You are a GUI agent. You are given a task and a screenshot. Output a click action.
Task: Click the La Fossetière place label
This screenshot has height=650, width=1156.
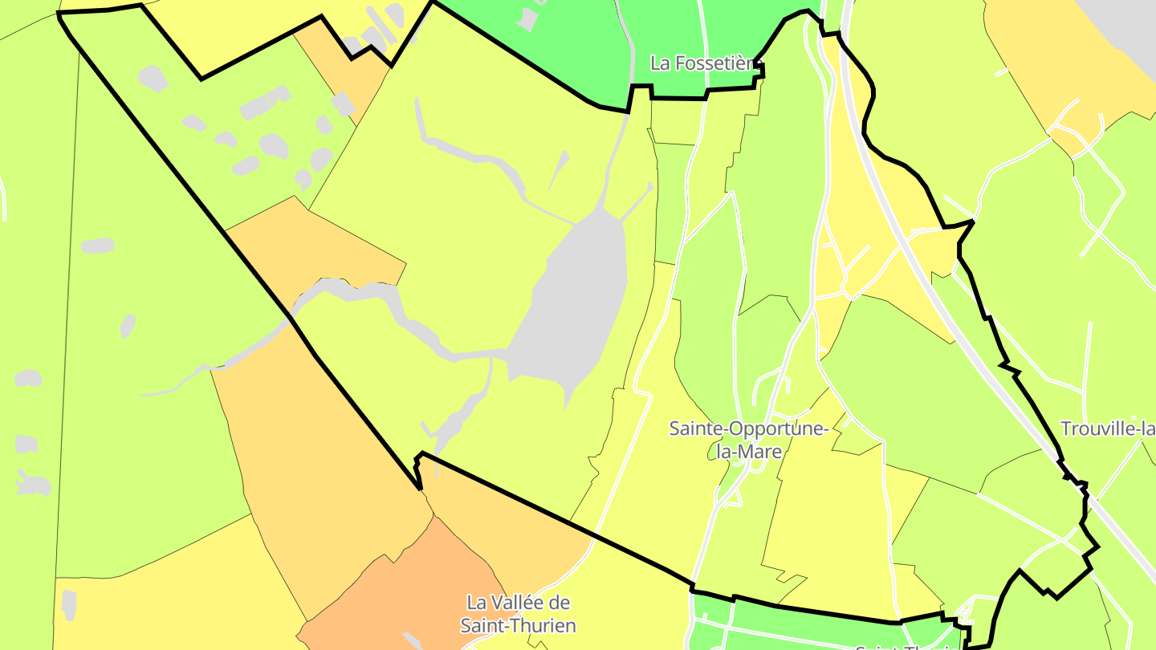click(x=702, y=63)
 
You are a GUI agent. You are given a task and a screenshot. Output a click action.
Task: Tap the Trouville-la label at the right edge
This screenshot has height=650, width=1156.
click(x=1108, y=429)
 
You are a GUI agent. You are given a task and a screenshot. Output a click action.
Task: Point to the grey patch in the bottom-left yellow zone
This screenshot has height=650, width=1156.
click(x=69, y=604)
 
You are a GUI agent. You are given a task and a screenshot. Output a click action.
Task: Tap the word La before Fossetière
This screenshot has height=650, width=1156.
click(x=661, y=63)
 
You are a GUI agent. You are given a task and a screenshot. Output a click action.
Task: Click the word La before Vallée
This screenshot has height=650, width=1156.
click(x=477, y=602)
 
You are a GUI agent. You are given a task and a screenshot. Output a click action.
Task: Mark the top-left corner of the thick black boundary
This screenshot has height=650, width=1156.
click(x=60, y=14)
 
